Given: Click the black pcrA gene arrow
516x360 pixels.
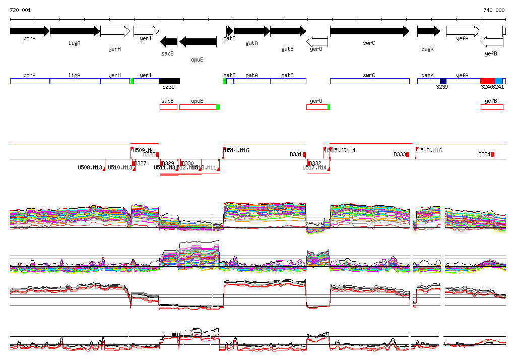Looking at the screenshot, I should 29,31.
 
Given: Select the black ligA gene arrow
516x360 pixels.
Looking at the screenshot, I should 75,31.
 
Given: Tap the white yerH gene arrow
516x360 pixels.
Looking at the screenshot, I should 115,31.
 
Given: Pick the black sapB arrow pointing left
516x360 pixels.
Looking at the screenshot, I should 168,42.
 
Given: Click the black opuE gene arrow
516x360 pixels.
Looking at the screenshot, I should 198,42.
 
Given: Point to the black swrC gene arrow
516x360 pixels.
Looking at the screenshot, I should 369,31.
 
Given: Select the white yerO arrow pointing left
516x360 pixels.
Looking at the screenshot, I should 317,42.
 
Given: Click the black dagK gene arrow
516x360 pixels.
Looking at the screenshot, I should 428,31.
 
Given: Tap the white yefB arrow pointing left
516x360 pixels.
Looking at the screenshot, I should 492,42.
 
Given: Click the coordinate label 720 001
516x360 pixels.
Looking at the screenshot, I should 20,10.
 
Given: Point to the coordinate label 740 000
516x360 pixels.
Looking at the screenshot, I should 494,10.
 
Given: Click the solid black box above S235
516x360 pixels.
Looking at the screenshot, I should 169,81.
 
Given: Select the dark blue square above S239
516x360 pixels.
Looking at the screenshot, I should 443,81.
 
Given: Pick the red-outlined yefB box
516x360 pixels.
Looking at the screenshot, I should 492,107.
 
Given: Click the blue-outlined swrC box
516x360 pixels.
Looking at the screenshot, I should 369,81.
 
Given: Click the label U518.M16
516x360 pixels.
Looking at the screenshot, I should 429,150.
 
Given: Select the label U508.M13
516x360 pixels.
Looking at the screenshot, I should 90,167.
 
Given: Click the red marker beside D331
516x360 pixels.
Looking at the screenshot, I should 304,154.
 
